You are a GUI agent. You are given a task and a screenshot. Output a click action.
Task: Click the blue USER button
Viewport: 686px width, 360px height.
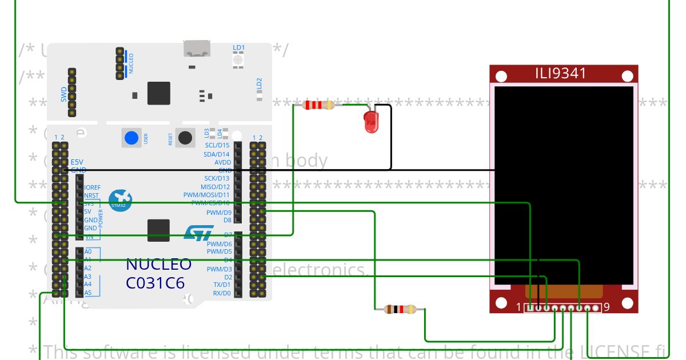pyautogui.click(x=131, y=138)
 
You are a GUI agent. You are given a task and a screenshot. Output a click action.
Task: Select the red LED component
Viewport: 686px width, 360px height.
pyautogui.click(x=371, y=122)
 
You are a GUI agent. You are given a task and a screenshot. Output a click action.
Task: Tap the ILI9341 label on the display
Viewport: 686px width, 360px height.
pyautogui.click(x=560, y=74)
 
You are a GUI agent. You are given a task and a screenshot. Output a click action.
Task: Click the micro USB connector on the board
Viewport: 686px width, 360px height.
pyautogui.click(x=197, y=49)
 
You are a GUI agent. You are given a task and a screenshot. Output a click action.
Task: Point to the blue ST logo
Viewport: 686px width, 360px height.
pyautogui.click(x=198, y=233)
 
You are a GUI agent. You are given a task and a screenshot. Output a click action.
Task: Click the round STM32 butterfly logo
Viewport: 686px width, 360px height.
pyautogui.click(x=121, y=201)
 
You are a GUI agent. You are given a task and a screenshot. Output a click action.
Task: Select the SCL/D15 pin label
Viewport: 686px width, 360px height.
pyautogui.click(x=217, y=145)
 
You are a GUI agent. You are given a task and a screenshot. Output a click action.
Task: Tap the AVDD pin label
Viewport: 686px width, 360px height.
pyautogui.click(x=222, y=162)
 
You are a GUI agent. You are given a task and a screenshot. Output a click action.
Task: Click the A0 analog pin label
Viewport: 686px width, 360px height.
pyautogui.click(x=87, y=251)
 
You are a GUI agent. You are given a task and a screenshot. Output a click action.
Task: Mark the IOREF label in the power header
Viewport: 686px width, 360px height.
pyautogui.click(x=92, y=187)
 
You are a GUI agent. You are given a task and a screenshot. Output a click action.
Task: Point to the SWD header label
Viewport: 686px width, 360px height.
pyautogui.click(x=64, y=94)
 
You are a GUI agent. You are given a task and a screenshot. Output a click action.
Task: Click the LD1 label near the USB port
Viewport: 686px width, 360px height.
pyautogui.click(x=238, y=47)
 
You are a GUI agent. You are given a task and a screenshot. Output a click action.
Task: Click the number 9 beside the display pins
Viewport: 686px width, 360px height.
pyautogui.click(x=607, y=307)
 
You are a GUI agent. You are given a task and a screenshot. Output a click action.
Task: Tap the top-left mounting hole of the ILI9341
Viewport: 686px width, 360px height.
pyautogui.click(x=501, y=77)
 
